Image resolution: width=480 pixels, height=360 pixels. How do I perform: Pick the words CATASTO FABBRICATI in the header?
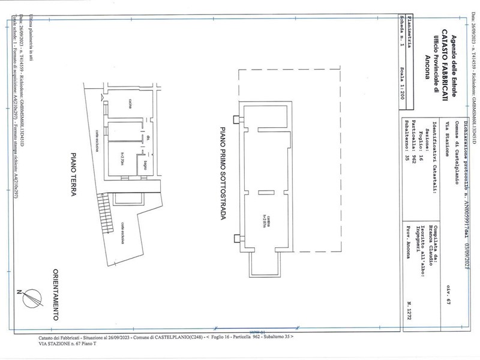coord(443,59)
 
